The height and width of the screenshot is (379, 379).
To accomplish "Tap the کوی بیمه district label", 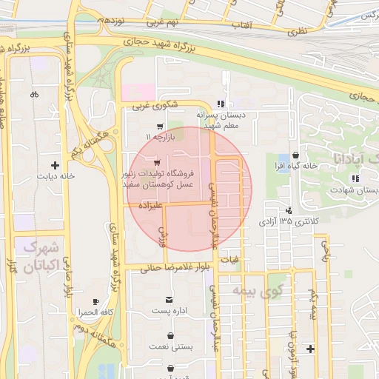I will [258, 291].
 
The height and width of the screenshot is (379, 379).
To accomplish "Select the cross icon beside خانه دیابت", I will [54, 164].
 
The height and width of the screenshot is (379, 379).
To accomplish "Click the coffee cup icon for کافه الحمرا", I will [95, 301].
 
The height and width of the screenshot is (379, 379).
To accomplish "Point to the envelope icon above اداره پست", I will [170, 298].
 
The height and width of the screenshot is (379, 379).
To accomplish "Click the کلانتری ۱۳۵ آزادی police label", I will [287, 221].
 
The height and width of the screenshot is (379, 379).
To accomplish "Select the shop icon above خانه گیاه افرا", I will [296, 155].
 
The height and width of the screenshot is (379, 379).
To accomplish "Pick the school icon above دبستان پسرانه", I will [219, 104].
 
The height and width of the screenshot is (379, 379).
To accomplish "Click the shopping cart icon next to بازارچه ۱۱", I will [161, 126].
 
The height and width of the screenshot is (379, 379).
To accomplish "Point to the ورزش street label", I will [164, 237].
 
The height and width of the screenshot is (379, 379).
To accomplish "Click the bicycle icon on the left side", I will [34, 95].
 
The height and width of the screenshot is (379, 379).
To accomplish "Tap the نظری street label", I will [295, 31].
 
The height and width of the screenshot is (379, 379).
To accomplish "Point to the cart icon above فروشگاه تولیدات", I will [157, 162].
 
